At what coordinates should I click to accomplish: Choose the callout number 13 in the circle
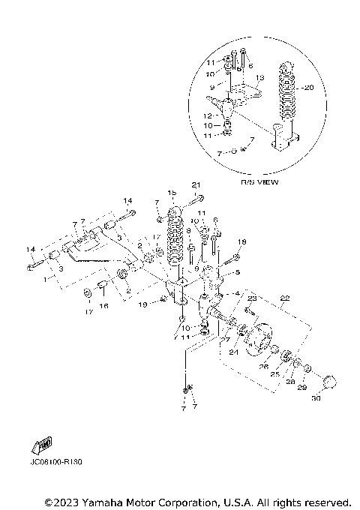pos(260,77)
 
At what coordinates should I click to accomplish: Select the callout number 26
pos(263,367)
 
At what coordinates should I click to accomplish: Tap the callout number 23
pos(252,298)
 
